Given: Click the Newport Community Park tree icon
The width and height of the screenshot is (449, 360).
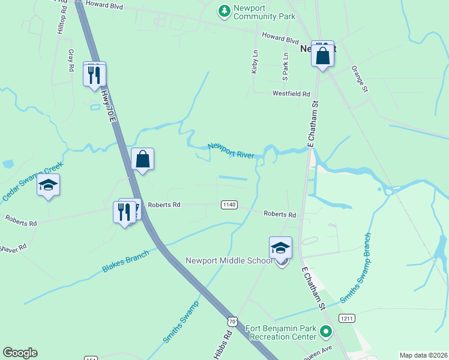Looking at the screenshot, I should (x=224, y=11).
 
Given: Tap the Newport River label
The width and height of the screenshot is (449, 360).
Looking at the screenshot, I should (x=231, y=151).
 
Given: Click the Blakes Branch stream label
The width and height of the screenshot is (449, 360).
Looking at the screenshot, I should (x=125, y=262).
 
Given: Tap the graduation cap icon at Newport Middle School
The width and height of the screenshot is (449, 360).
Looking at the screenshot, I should (x=280, y=248).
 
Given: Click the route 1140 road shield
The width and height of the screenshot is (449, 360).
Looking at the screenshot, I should (x=229, y=205).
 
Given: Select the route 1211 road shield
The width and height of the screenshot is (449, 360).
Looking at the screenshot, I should (x=346, y=317).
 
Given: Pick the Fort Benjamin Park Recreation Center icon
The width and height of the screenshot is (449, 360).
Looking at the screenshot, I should (x=326, y=331).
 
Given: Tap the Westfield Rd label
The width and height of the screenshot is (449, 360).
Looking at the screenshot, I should (x=291, y=94).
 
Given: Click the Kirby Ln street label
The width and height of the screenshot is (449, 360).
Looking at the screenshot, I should (x=254, y=62).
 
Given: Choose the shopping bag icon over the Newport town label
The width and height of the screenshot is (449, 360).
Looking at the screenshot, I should (x=322, y=55).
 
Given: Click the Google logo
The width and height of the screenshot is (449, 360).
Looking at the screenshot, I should (x=20, y=353).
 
